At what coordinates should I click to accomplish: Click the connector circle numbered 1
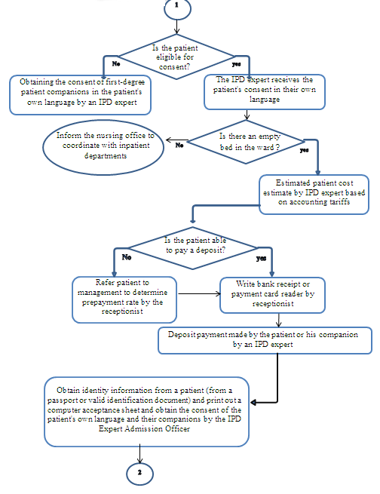tap(177, 8)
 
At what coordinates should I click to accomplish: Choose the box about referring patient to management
tap(124, 296)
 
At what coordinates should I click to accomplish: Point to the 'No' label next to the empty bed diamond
tap(179, 145)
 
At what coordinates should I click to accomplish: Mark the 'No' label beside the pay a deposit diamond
tap(127, 256)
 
